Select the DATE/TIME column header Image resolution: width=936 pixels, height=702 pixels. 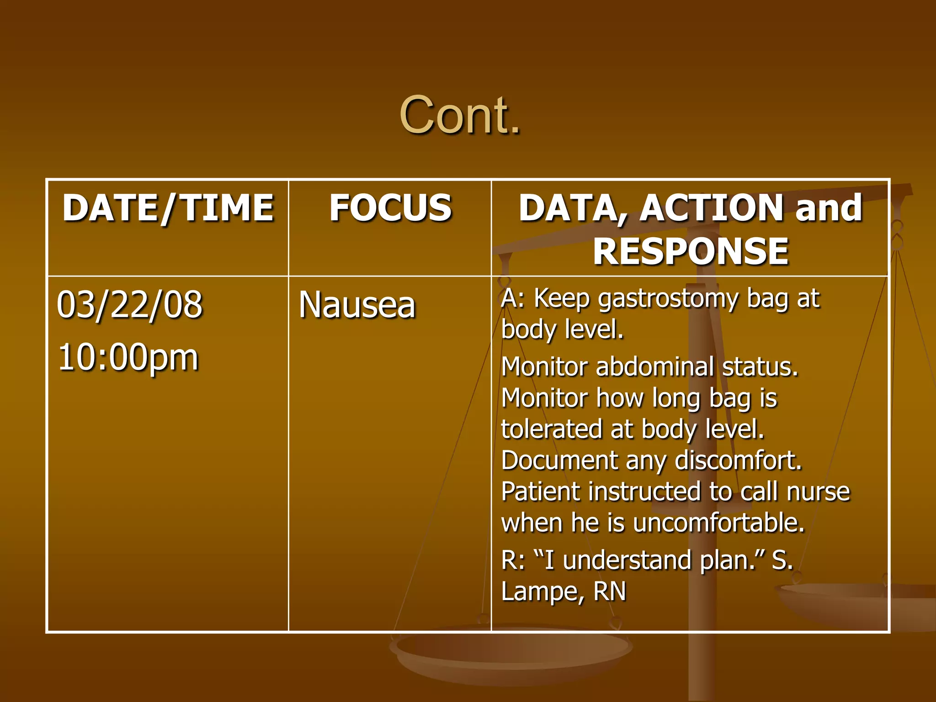point(168,208)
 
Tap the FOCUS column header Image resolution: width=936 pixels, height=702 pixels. point(390,208)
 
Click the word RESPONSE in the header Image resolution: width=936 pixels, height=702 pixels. point(691,251)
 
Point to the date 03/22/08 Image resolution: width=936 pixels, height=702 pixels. point(130,305)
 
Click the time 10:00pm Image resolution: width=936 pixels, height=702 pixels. point(128,357)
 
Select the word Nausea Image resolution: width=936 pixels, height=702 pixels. point(357,305)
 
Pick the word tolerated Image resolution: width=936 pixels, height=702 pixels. point(551,429)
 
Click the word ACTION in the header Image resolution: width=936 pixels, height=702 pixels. point(713,208)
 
